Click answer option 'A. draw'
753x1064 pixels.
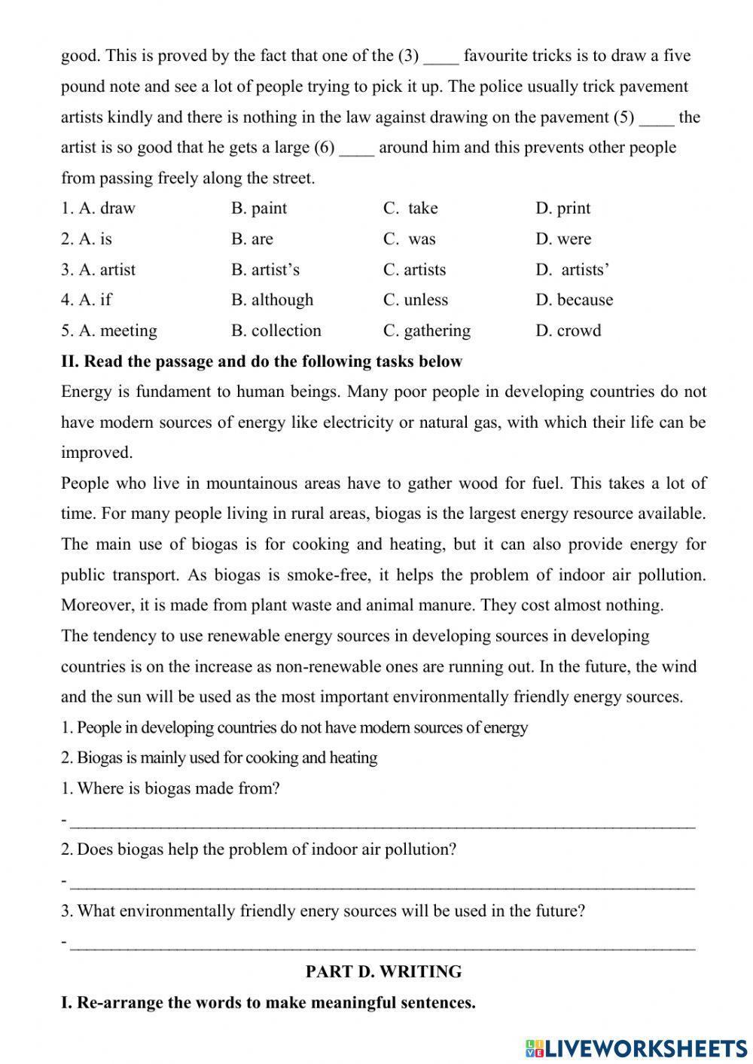[x=99, y=209]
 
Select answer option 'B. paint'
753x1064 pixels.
[x=259, y=209]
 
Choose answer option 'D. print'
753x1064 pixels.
[x=562, y=209]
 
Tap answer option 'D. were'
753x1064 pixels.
[x=563, y=239]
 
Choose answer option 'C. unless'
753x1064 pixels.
[x=416, y=300]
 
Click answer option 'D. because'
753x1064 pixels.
[x=574, y=300]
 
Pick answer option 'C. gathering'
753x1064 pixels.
[x=427, y=331]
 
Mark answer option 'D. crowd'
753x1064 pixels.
[x=569, y=331]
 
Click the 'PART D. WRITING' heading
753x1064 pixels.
[x=383, y=972]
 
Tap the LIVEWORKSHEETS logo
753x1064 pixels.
[x=636, y=1047]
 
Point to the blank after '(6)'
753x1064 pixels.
[x=357, y=149]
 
